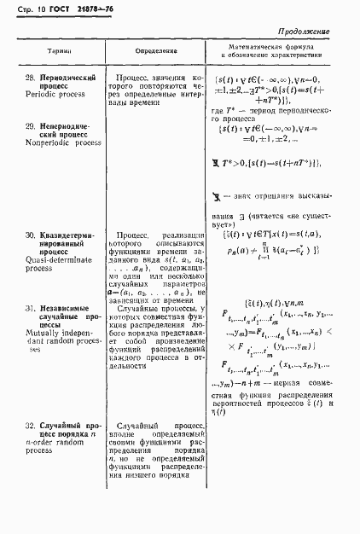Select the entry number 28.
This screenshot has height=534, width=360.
(x=31, y=78)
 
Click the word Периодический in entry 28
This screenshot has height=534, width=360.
(x=72, y=78)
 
